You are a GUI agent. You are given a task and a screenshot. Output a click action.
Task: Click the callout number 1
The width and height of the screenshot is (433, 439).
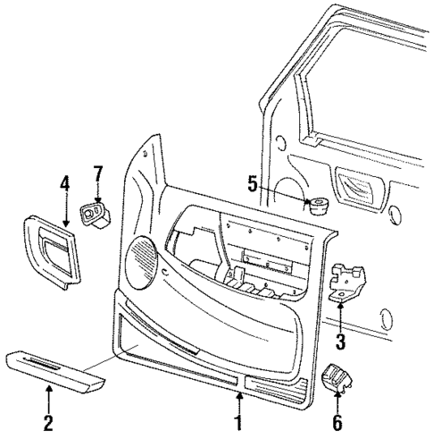[238, 421]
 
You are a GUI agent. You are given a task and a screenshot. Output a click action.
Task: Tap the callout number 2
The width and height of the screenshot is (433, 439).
[49, 421]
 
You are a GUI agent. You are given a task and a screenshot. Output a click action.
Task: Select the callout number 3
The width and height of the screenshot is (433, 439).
[340, 341]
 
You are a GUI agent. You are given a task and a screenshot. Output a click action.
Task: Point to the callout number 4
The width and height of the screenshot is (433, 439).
[65, 184]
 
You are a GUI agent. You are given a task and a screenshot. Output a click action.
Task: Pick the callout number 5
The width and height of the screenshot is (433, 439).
[253, 185]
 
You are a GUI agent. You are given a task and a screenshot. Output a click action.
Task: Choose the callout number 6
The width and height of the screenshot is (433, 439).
[337, 421]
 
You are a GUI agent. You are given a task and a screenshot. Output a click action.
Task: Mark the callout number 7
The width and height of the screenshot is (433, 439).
[99, 172]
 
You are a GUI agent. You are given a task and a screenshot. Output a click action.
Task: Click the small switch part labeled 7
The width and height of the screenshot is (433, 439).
[94, 214]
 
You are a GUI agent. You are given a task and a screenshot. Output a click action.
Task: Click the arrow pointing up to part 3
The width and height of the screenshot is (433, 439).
[340, 315]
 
